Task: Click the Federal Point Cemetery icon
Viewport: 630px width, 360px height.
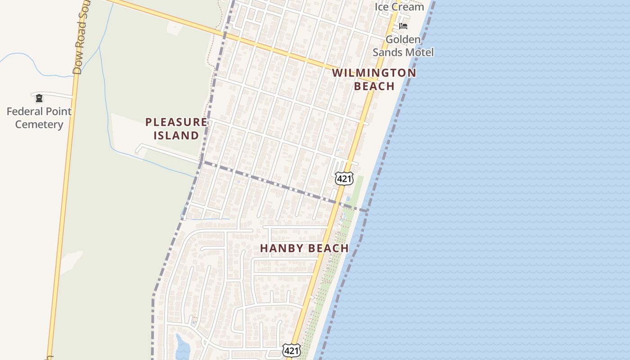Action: [39, 98]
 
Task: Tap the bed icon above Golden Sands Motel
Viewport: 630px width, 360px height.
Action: [403, 26]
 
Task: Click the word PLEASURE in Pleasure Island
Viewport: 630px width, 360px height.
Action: [176, 122]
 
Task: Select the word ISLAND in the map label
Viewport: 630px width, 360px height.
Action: [176, 135]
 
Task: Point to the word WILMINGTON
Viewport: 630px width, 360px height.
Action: [374, 73]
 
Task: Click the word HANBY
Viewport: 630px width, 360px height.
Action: [282, 248]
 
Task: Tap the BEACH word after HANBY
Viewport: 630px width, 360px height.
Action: [328, 248]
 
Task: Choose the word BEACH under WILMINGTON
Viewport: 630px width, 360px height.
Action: [374, 86]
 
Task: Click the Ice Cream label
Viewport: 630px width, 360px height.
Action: [399, 7]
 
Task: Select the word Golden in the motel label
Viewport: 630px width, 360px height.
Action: [403, 40]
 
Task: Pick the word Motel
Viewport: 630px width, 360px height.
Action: [420, 52]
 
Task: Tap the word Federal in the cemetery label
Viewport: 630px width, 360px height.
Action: [25, 111]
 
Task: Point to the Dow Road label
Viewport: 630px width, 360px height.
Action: [80, 40]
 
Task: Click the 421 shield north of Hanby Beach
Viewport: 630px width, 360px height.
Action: [344, 179]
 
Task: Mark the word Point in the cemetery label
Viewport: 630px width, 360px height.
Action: [58, 111]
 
